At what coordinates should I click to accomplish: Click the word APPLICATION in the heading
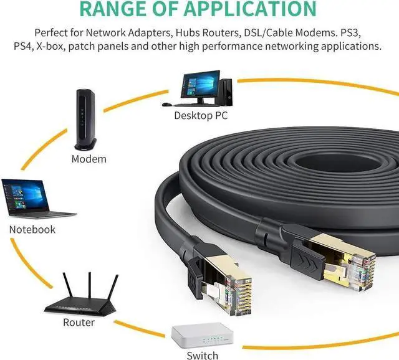(245, 8)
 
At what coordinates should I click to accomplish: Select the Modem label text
(89, 159)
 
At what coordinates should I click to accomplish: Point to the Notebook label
(32, 229)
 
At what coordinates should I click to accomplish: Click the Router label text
(79, 323)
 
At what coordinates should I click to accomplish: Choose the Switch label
(203, 355)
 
